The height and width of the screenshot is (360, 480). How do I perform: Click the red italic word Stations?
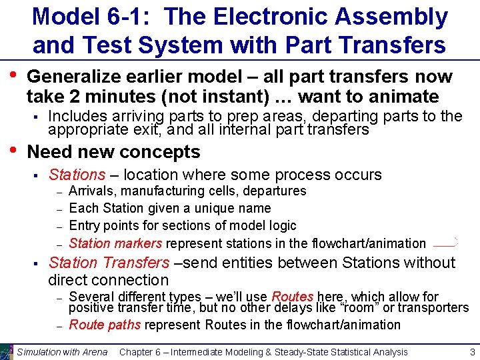click(x=77, y=175)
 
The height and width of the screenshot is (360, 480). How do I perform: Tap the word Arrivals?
click(x=91, y=191)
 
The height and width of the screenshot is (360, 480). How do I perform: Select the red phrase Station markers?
click(x=115, y=243)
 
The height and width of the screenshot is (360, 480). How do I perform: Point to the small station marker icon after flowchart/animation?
click(x=445, y=243)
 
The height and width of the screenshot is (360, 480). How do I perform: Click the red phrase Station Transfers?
click(x=109, y=263)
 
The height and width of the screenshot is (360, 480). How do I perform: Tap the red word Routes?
click(x=292, y=297)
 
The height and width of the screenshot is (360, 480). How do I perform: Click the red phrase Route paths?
click(x=105, y=325)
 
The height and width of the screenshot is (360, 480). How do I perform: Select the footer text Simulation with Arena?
click(x=62, y=352)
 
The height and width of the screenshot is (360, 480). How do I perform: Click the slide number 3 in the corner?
click(x=471, y=352)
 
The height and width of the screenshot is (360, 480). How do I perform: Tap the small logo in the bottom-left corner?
click(x=7, y=352)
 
